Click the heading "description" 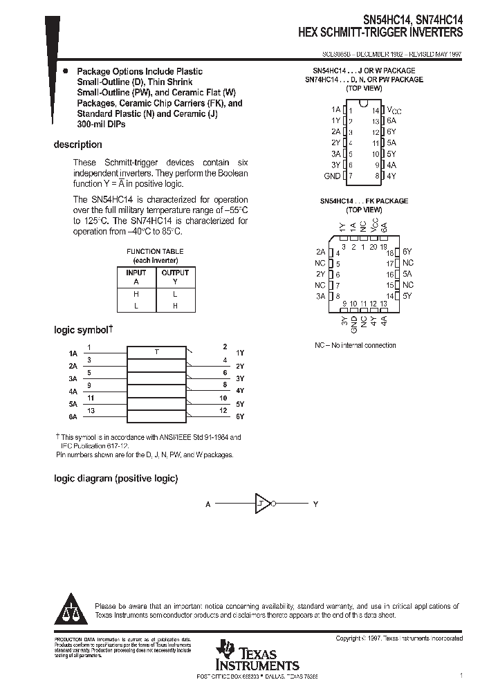77,145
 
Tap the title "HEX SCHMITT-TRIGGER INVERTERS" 380,33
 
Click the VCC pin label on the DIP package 394,110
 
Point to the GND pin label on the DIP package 332,176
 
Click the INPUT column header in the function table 136,273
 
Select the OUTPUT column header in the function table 175,273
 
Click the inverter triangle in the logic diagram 263,504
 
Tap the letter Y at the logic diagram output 315,504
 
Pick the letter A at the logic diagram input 207,504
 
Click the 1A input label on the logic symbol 73,353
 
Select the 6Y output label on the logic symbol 240,417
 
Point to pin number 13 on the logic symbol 91,411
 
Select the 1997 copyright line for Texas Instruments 399,638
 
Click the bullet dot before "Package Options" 65,71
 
